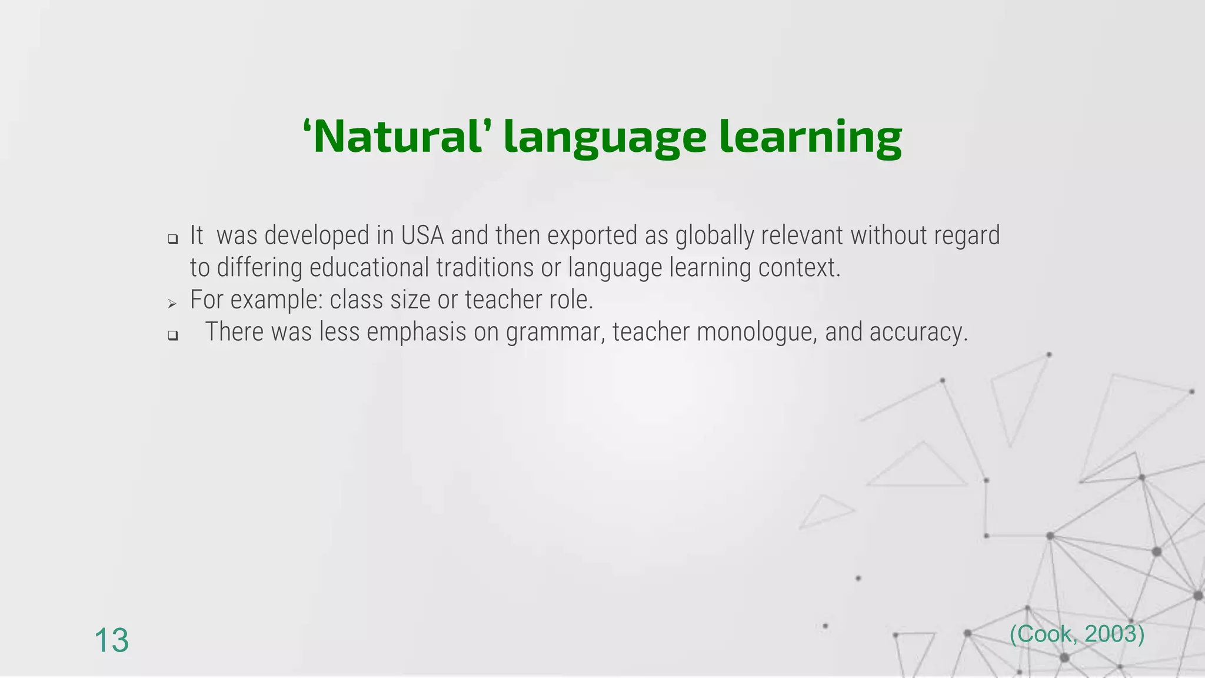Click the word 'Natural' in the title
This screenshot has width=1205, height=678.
(395, 137)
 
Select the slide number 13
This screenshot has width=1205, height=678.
(111, 640)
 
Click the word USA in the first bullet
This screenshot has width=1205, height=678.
(422, 235)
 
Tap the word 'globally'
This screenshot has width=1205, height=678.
(714, 235)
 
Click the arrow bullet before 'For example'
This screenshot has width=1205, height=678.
(172, 304)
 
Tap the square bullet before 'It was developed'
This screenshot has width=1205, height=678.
(172, 239)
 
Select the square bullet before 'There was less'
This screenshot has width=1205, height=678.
(172, 335)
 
